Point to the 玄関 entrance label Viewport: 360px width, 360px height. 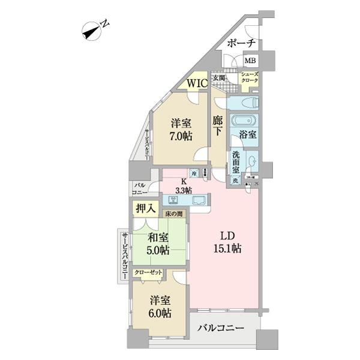pos(218,79)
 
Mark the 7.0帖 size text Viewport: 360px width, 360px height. pos(180,137)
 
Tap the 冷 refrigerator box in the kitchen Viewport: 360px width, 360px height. pos(194,173)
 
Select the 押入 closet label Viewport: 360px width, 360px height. pos(146,209)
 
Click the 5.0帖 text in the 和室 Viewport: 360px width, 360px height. pos(157,250)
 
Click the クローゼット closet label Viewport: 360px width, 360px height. pos(148,273)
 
